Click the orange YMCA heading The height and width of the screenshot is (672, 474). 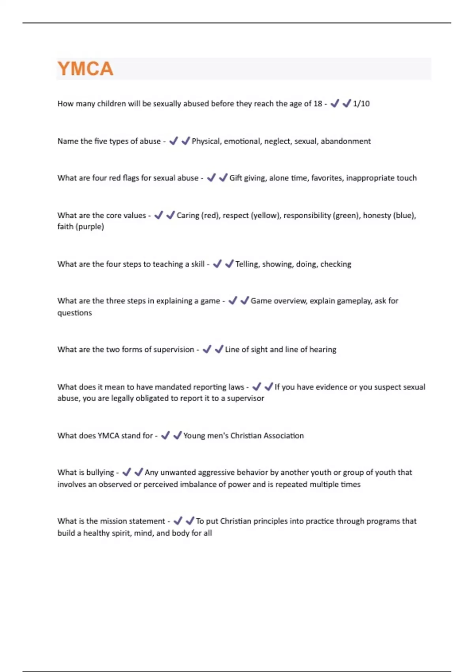tap(85, 69)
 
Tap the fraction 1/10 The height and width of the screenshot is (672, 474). tap(361, 104)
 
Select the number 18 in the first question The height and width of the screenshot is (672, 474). tap(318, 104)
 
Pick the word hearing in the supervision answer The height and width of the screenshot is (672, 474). tap(323, 349)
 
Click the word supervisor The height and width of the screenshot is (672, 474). tap(245, 398)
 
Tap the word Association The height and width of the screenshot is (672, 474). tap(284, 436)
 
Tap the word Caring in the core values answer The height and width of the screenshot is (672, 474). tap(188, 215)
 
